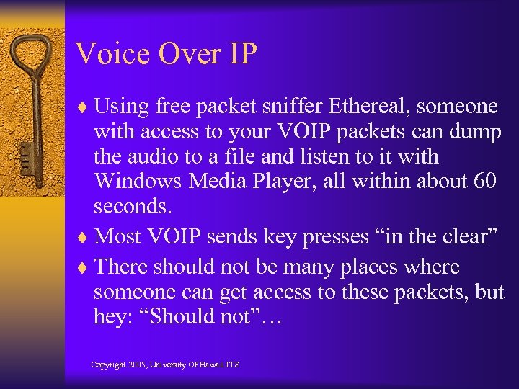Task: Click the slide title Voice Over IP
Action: click(x=165, y=54)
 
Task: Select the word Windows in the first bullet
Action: click(x=138, y=181)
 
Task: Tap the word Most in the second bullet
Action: click(x=118, y=236)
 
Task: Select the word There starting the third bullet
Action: click(x=123, y=267)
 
